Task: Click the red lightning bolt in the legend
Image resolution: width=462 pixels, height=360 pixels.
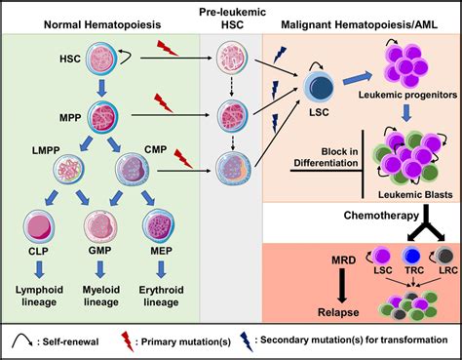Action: click(x=146, y=342)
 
